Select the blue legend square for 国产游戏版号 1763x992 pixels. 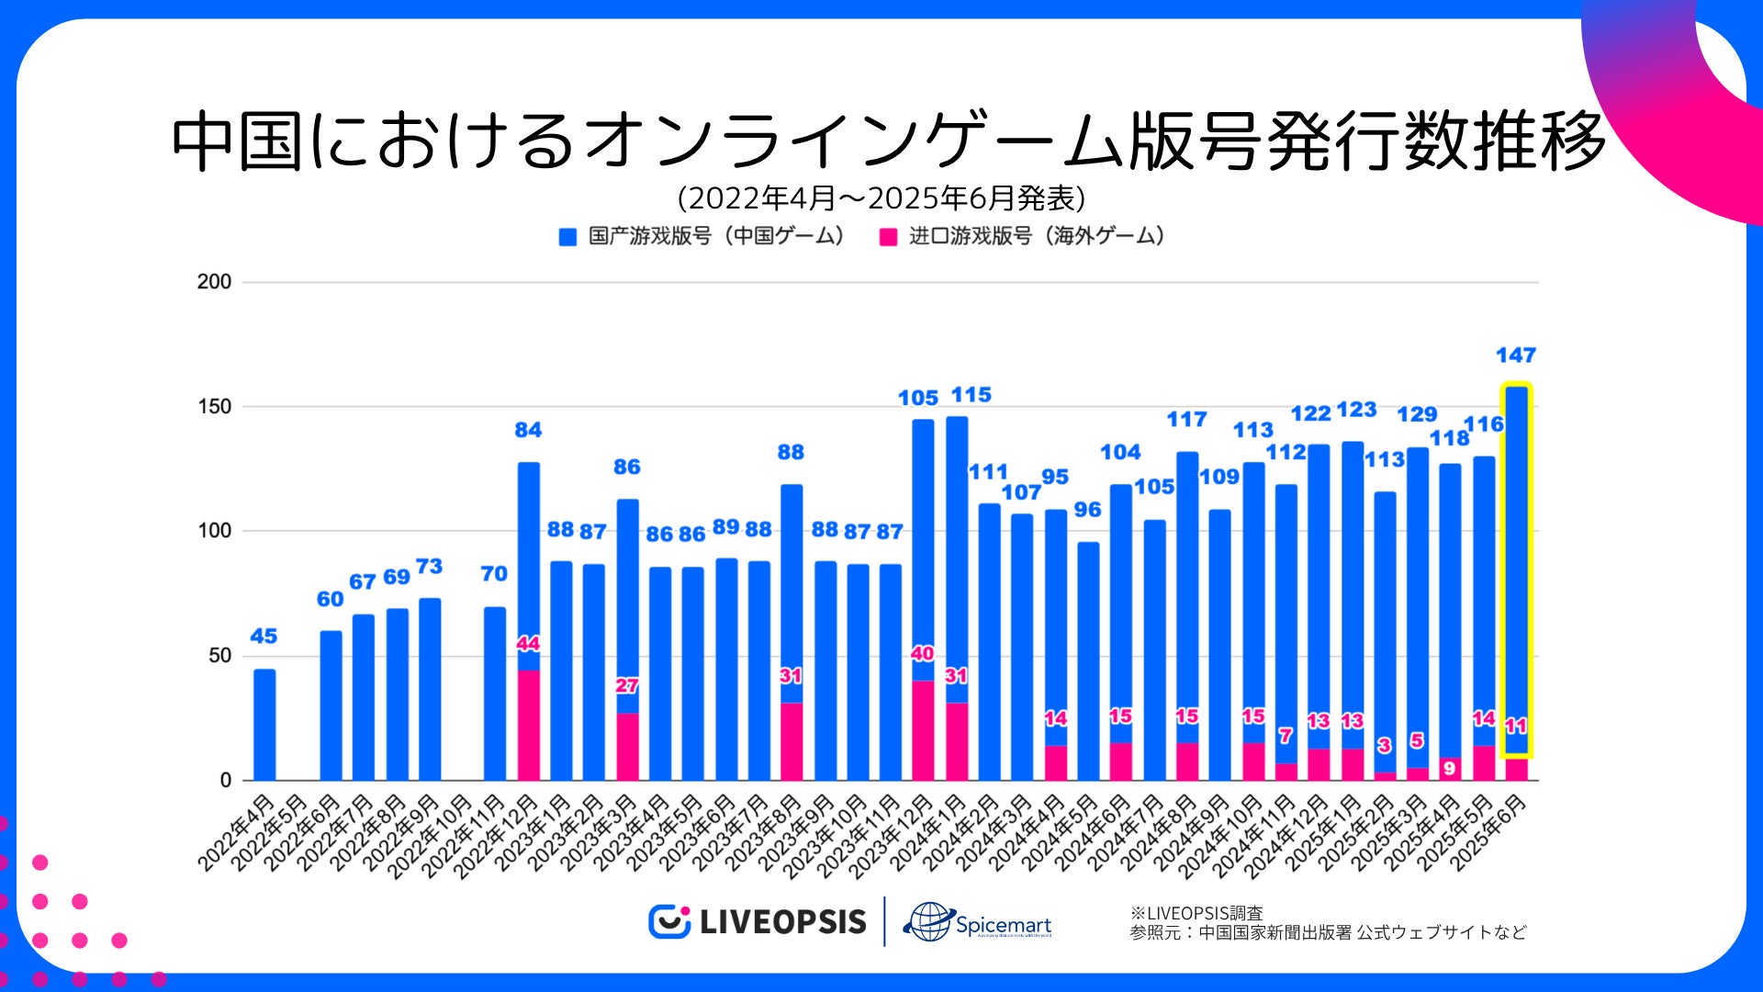[567, 237]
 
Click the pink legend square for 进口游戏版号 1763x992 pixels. [888, 237]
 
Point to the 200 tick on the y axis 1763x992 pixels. [214, 282]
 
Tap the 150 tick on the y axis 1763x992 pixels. [214, 407]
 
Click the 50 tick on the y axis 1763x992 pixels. [217, 656]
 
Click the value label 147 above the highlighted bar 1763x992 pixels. [1515, 355]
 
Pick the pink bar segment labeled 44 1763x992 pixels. [528, 725]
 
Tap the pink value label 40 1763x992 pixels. [922, 654]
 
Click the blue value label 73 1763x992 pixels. [429, 567]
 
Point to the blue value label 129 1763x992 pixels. [1417, 415]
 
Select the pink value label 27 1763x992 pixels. [627, 686]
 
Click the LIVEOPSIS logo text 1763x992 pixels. [782, 922]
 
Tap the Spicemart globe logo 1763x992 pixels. [929, 921]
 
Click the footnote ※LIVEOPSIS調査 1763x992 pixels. [1196, 913]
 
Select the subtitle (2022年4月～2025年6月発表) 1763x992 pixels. [881, 198]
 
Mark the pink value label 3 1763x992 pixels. [1384, 746]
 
